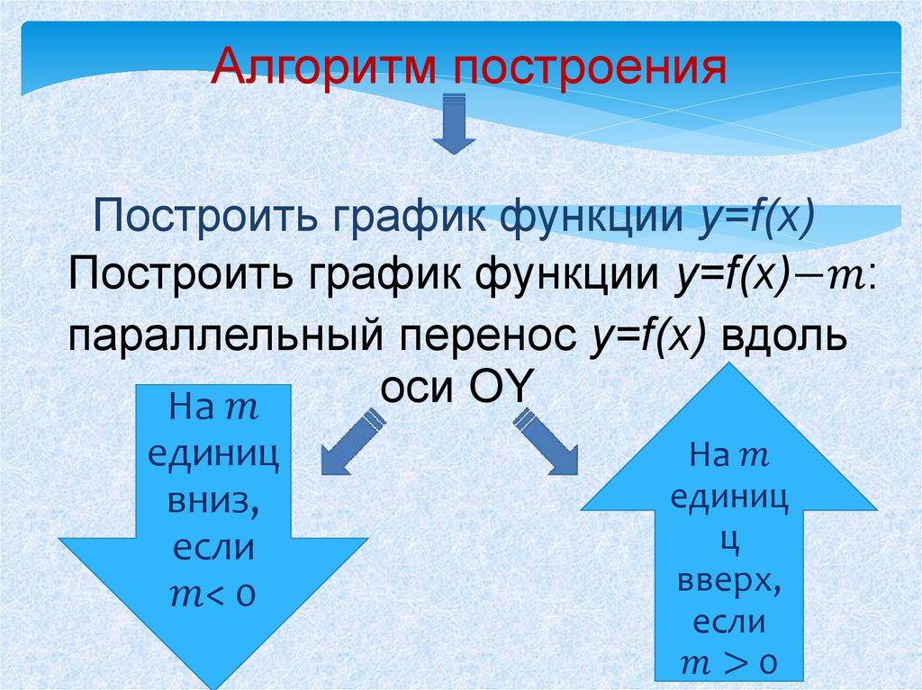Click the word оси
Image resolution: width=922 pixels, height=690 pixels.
click(x=418, y=392)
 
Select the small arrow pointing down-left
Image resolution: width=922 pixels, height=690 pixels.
click(x=352, y=440)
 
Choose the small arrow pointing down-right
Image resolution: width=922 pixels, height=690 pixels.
click(x=547, y=441)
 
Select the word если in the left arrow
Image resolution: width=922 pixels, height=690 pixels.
click(x=213, y=548)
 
